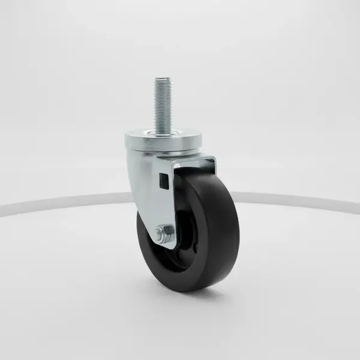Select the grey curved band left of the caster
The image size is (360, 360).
[x=60, y=203]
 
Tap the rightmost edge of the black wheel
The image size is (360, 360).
[x=239, y=228]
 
